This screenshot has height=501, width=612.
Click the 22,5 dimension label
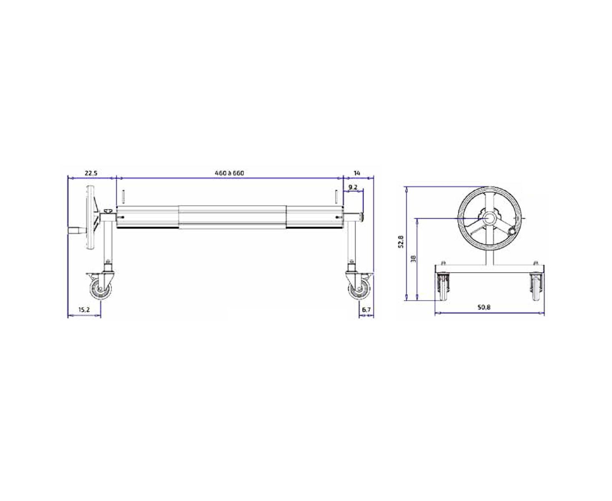click(x=91, y=173)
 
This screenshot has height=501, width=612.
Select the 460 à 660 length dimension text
click(x=229, y=173)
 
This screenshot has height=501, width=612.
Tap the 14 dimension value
click(x=357, y=173)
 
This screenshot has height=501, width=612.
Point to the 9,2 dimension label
click(x=353, y=187)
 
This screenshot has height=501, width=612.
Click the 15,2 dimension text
click(x=84, y=310)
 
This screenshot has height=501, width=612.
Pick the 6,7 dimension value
click(x=366, y=310)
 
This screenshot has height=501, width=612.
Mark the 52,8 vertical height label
click(x=401, y=241)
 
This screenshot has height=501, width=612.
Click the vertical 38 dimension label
click(x=413, y=258)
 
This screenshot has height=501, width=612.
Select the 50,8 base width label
click(x=484, y=307)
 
